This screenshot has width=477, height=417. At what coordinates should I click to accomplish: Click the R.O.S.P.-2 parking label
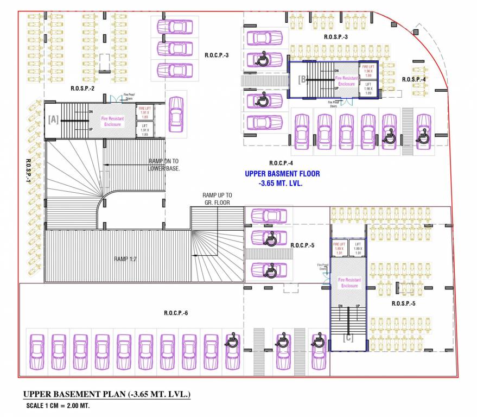pos(82,88)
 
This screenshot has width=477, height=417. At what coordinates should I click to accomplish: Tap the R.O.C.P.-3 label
pos(217,55)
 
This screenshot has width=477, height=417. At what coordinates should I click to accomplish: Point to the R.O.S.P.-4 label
pos(414,79)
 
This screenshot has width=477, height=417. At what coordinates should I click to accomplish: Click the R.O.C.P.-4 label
pos(281,163)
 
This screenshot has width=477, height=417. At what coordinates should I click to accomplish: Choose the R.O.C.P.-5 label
pos(302,245)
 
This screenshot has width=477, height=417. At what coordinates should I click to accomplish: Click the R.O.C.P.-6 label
pos(176,313)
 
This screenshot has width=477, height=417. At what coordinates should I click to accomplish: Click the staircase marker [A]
pos(53,119)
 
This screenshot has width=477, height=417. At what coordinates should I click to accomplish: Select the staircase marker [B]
pos(302,80)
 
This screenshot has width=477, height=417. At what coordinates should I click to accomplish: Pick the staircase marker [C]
pos(348,338)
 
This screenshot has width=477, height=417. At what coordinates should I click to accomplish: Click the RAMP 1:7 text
pos(126,259)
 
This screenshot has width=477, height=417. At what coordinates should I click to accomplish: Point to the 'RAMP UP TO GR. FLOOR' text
pos(217,199)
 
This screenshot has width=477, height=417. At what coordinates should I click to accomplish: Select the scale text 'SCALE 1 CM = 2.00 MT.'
pos(58,406)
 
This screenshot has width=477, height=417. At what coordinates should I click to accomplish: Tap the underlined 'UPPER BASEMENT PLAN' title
pos(106,394)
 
